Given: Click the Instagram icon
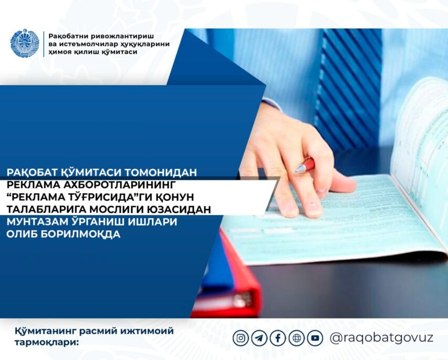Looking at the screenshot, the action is (x=241, y=338).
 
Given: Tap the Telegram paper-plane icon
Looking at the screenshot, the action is (x=259, y=338).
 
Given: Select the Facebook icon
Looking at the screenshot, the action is (x=278, y=338).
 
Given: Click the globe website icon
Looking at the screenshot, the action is (x=297, y=338).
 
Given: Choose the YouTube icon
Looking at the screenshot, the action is (x=315, y=338).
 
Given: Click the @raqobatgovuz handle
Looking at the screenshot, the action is (x=381, y=338).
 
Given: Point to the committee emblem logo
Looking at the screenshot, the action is (x=25, y=43).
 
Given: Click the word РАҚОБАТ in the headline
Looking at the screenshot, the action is (x=32, y=172).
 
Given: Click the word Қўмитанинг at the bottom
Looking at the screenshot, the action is (x=45, y=331).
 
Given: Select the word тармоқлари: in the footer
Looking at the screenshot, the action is (x=46, y=342).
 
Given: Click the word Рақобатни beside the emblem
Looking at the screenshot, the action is (x=68, y=37).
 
